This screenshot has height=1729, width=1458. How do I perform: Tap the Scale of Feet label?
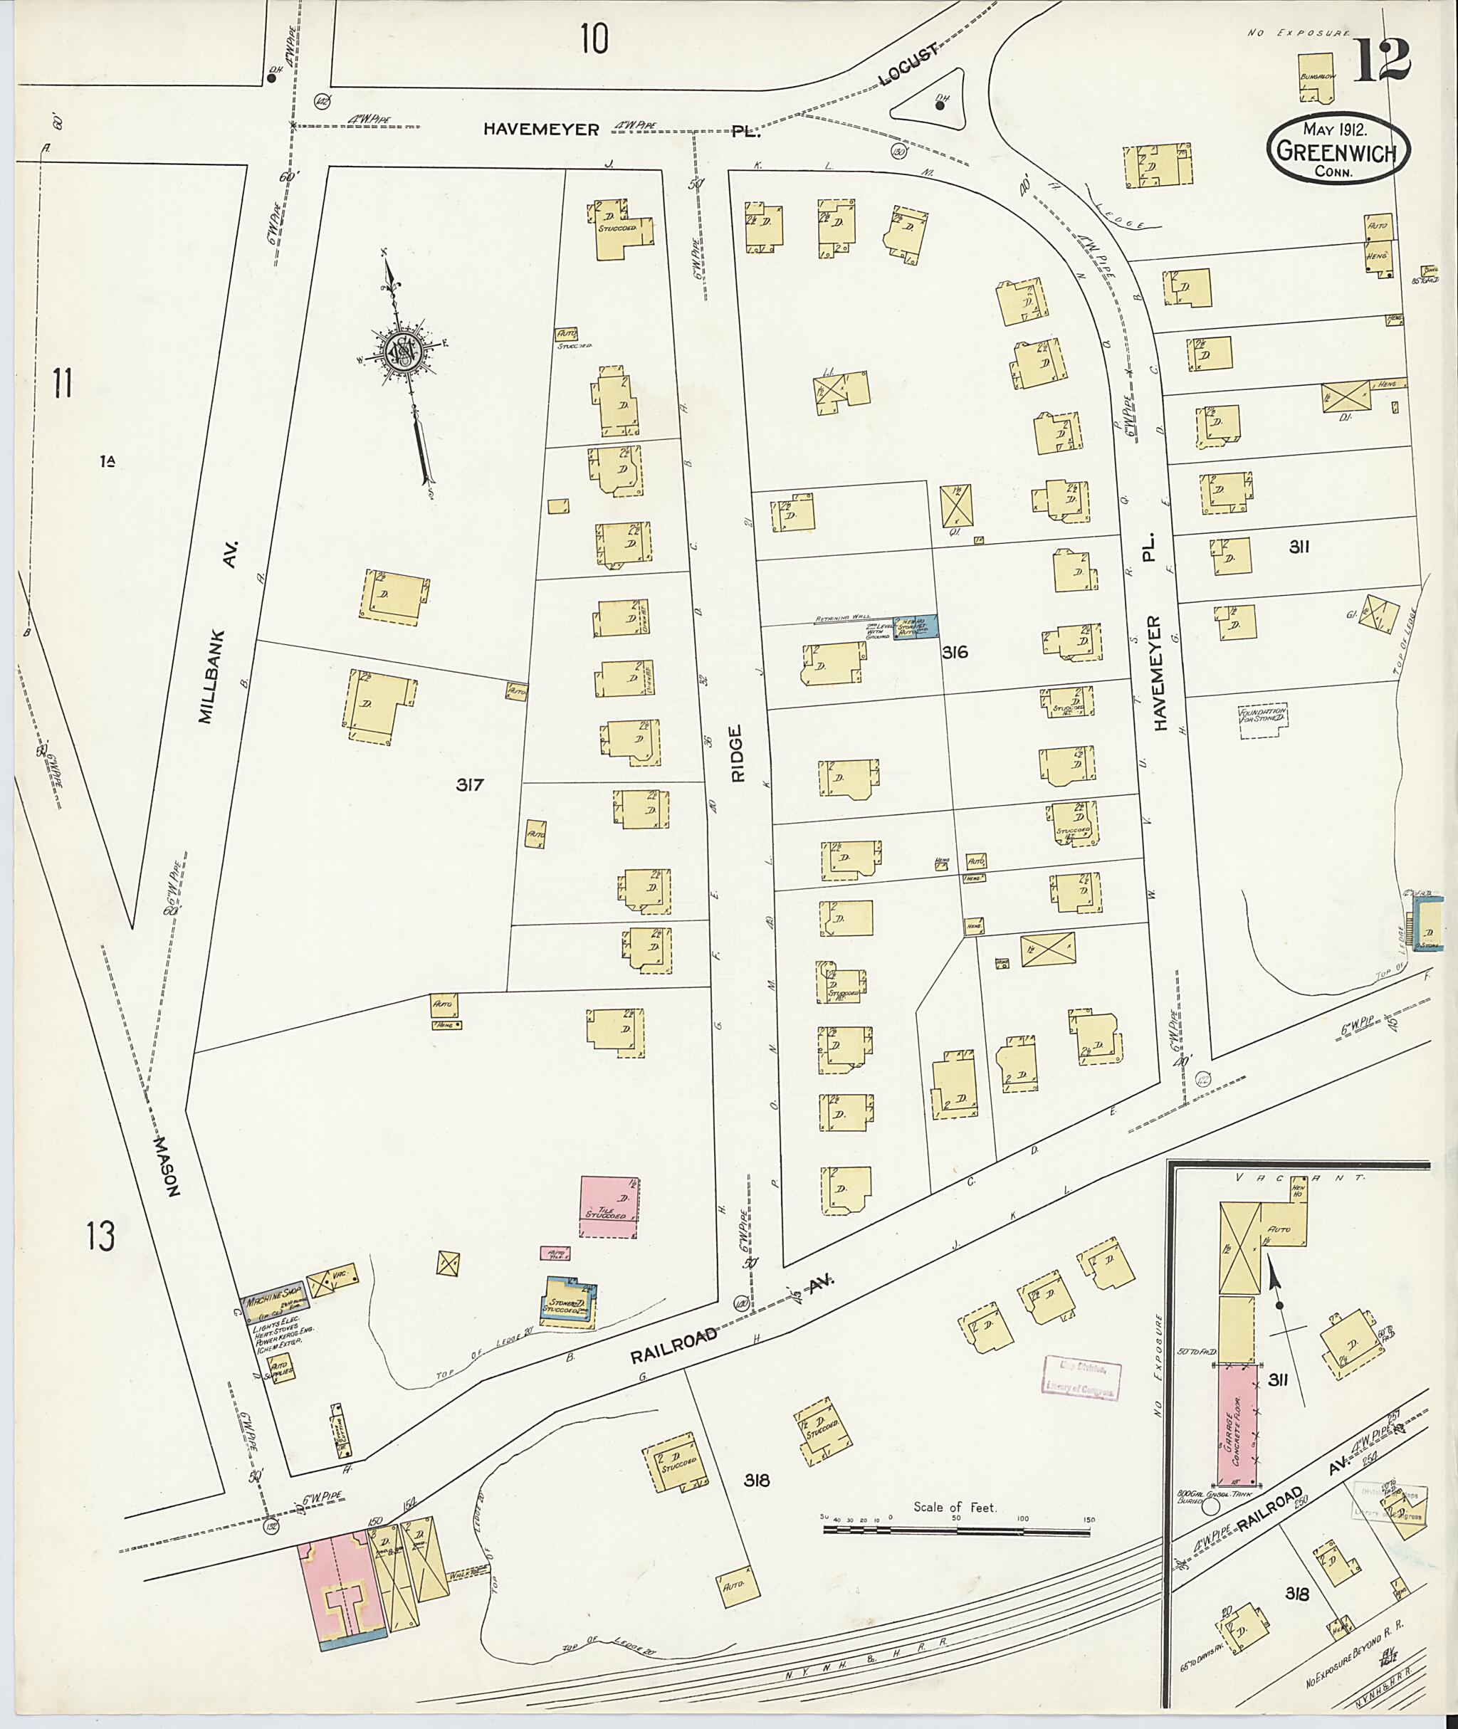pyautogui.click(x=955, y=1508)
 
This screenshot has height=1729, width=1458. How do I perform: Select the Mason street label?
pyautogui.click(x=169, y=1165)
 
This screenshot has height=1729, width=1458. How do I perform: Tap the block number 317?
pyautogui.click(x=469, y=785)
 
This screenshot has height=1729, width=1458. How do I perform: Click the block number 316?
pyautogui.click(x=955, y=653)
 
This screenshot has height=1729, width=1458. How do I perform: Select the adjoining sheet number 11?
pyautogui.click(x=63, y=385)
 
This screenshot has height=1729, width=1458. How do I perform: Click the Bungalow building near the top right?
pyautogui.click(x=1316, y=78)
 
